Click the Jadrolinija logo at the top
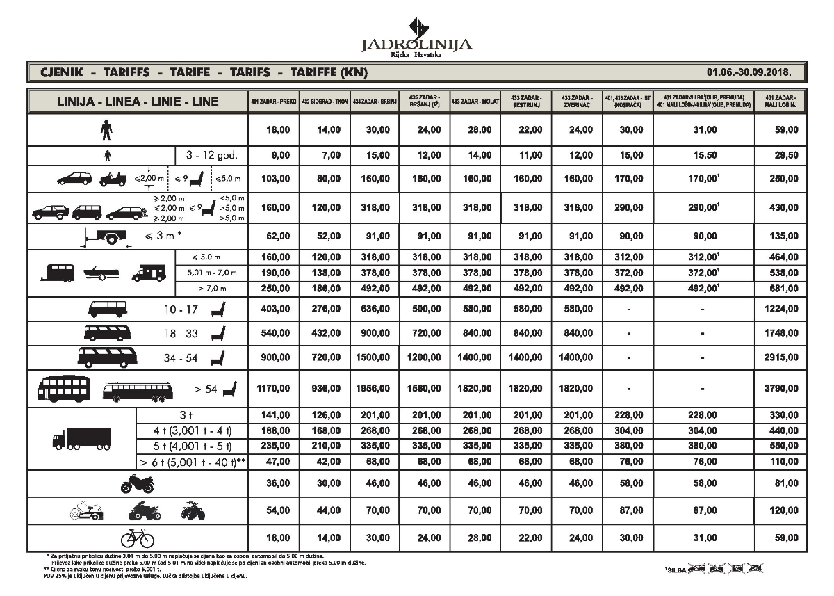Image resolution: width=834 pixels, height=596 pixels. click(x=416, y=37)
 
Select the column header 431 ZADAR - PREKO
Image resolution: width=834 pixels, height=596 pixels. click(x=273, y=102)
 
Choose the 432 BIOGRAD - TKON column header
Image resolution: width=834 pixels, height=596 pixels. click(x=324, y=102)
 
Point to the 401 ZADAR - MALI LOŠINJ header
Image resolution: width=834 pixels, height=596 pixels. click(x=780, y=101)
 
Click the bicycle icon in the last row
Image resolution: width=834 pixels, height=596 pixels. click(x=138, y=538)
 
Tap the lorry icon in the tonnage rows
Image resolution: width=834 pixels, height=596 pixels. click(x=82, y=437)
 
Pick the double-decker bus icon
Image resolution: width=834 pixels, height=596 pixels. click(x=64, y=389)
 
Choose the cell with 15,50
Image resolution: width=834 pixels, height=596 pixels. click(x=704, y=156)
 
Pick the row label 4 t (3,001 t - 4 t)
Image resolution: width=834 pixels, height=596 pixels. click(x=192, y=430)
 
